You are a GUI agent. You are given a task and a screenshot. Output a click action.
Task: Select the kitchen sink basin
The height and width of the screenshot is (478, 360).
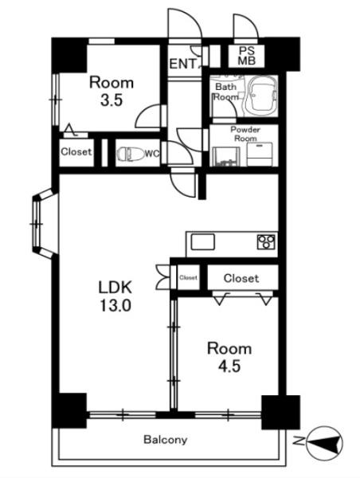coord(203,242)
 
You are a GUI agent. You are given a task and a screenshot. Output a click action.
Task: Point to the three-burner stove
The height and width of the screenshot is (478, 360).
coord(267,241)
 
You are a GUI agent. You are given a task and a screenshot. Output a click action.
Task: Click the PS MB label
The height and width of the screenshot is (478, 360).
coord(247,56)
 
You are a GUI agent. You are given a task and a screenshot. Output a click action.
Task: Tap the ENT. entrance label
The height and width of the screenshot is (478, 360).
coord(184,64)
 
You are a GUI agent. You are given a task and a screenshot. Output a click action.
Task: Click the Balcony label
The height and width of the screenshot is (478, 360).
coord(166,440)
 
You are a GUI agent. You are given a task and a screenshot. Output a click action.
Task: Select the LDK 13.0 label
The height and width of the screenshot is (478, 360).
coord(115,296)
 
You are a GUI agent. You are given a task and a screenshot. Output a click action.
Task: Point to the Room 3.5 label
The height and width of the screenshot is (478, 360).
coord(112,91)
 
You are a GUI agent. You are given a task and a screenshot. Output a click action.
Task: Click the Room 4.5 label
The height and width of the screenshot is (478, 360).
coord(229,357)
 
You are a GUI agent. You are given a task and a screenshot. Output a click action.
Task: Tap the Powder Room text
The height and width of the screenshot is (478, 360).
coord(245,134)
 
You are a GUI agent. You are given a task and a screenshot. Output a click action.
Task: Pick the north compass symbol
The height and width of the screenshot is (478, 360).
coord(325,443)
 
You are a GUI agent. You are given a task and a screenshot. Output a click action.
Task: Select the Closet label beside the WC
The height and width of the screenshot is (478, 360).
coord(76,151)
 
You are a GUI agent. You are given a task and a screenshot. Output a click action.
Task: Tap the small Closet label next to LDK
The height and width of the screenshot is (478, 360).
coord(189,278)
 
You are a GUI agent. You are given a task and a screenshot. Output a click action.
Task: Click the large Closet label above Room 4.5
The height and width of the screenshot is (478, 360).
coord(241,278)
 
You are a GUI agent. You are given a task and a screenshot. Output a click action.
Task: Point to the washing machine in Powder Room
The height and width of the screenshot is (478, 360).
coord(260,154)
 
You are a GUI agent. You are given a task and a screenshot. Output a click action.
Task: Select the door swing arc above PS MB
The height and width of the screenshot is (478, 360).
coord(246,26)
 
